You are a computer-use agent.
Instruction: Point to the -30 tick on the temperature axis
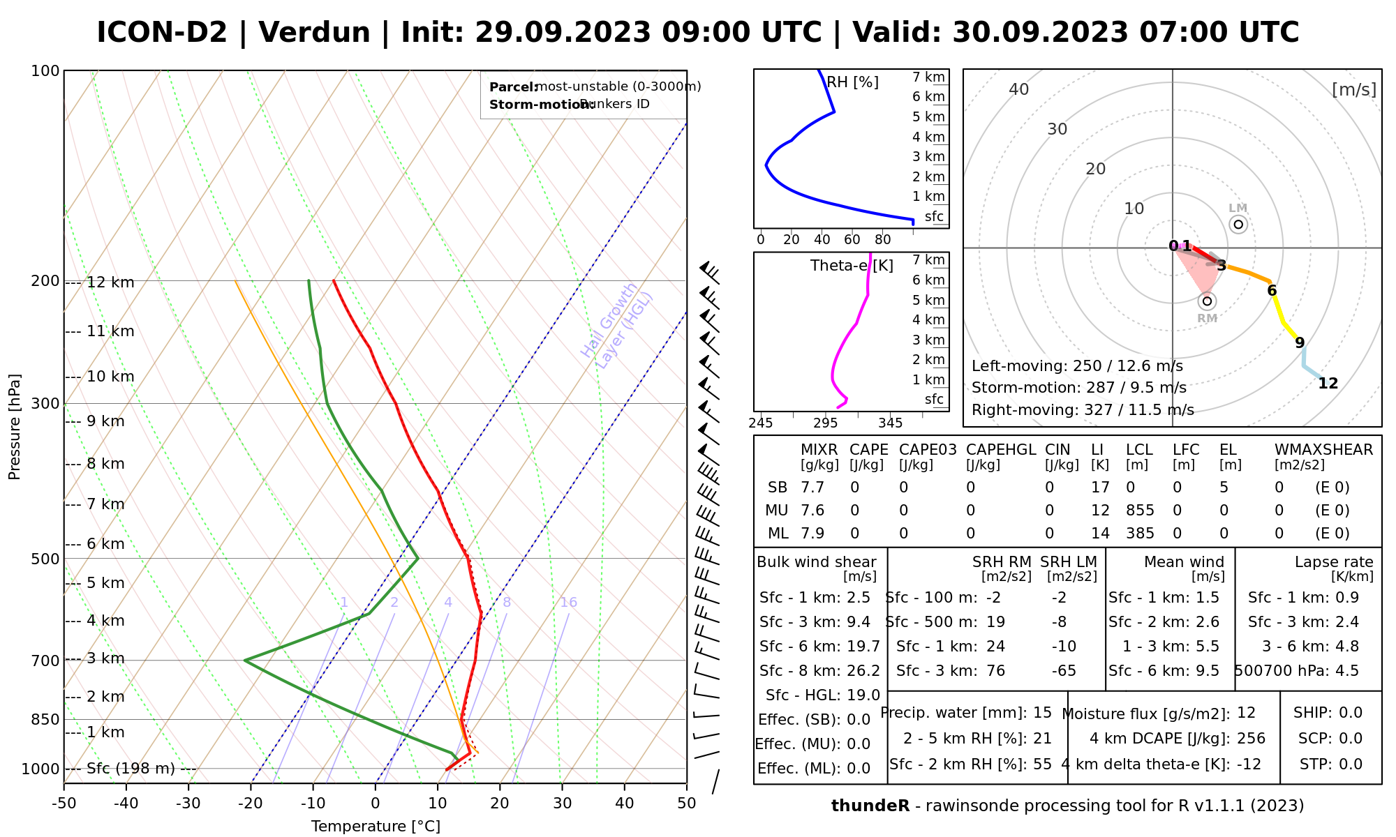point(188,803)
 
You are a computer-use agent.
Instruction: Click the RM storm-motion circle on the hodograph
point(1207,301)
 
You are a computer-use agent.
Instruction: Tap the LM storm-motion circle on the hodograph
point(1238,225)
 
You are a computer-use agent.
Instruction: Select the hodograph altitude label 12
point(1328,384)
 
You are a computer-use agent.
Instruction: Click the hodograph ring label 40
point(1019,89)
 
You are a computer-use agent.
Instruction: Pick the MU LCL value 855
point(1140,511)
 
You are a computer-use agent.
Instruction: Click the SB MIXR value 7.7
point(812,488)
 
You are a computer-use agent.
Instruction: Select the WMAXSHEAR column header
point(1323,450)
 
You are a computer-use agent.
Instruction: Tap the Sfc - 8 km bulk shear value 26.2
point(863,671)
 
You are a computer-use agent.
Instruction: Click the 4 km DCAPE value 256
point(1251,739)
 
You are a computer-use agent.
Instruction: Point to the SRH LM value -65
point(1064,671)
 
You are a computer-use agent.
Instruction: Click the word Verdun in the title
point(314,33)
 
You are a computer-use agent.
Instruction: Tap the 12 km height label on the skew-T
point(110,282)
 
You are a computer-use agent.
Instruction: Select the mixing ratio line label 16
point(569,603)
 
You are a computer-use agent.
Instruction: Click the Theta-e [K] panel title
point(852,266)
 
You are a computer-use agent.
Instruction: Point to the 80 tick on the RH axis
point(883,240)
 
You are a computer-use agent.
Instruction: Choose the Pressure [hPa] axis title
point(15,427)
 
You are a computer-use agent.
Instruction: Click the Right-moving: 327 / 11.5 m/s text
point(1083,410)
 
